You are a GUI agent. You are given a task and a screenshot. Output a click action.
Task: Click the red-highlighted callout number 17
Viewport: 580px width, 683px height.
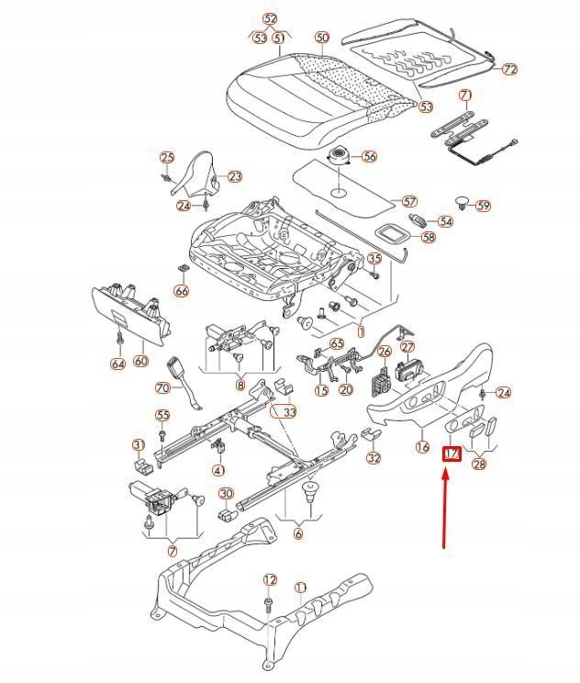(452, 454)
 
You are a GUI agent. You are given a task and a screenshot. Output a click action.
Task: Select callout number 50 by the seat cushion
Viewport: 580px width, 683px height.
(321, 38)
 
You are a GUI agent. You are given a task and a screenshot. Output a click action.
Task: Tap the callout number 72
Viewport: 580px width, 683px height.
(510, 69)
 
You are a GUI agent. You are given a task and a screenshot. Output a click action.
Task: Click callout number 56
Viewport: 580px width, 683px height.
(369, 157)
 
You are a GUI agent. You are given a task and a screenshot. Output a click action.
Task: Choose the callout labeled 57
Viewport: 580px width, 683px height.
(409, 201)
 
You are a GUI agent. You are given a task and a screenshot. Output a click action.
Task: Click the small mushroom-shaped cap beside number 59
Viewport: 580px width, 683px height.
(462, 203)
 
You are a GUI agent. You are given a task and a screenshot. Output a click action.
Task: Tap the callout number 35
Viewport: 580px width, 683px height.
(374, 259)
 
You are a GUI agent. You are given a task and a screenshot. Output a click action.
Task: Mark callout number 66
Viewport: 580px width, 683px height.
(181, 291)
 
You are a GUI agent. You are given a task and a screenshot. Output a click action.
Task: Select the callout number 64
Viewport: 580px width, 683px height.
(117, 364)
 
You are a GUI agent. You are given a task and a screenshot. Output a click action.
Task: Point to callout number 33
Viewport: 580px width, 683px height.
(289, 412)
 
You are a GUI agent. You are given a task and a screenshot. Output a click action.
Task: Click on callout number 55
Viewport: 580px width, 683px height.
(162, 416)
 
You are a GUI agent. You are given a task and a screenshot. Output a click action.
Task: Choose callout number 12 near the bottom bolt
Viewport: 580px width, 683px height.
(270, 579)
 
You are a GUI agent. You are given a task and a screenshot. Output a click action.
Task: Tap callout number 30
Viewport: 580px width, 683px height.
(226, 494)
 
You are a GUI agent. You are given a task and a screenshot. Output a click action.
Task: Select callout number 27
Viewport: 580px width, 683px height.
(407, 347)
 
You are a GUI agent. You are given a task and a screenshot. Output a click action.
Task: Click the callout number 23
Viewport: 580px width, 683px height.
(234, 176)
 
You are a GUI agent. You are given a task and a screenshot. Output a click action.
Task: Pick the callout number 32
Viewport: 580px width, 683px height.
(373, 458)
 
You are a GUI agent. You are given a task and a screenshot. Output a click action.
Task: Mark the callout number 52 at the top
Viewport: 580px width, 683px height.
(270, 18)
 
